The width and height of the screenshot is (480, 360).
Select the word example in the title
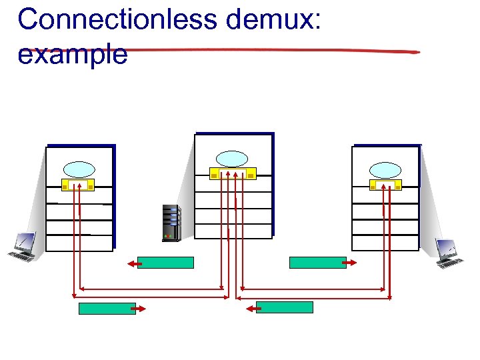72,54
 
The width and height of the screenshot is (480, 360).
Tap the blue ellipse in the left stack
79,169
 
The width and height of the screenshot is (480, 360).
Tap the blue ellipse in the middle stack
232,158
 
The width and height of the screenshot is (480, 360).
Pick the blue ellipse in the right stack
385,169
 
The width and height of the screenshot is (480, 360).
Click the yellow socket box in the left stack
79,185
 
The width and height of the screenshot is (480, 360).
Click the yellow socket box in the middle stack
233,174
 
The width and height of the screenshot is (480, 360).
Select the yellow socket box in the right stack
385,185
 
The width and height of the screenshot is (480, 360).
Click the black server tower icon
171,222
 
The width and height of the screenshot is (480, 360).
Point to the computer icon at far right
449,253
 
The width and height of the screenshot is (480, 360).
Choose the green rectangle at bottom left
107,308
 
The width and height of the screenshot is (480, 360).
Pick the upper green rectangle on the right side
317,263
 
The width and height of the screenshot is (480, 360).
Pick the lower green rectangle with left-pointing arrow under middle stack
284,307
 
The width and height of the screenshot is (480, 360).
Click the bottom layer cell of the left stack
79,243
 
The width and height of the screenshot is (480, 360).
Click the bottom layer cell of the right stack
385,243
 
